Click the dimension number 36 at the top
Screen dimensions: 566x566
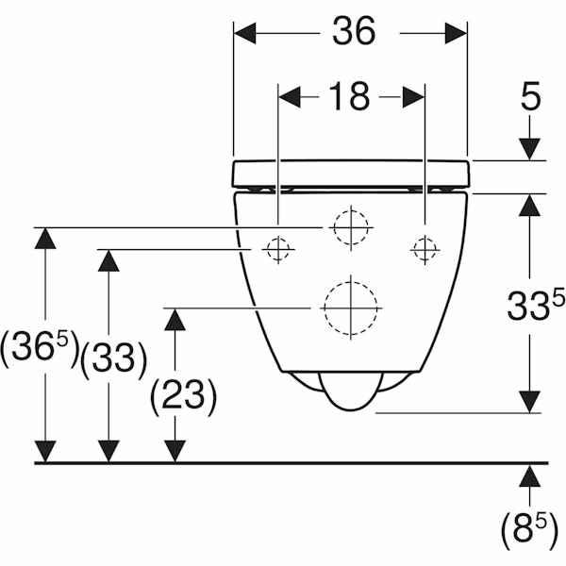(354, 31)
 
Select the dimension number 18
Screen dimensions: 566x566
(349, 96)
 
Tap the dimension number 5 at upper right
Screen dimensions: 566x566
(530, 95)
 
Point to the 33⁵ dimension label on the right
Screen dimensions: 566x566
(535, 306)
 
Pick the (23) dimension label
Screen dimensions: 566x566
(183, 397)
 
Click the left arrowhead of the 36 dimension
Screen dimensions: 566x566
(244, 33)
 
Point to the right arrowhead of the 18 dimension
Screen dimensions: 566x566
(414, 97)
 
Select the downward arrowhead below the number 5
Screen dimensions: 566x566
(529, 149)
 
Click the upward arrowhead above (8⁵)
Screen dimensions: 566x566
(529, 476)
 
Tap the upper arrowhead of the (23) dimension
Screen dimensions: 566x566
(175, 320)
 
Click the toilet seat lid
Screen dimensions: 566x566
(351, 174)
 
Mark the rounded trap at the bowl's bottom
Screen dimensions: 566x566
(350, 391)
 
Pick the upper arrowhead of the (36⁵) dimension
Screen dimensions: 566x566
(45, 239)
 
